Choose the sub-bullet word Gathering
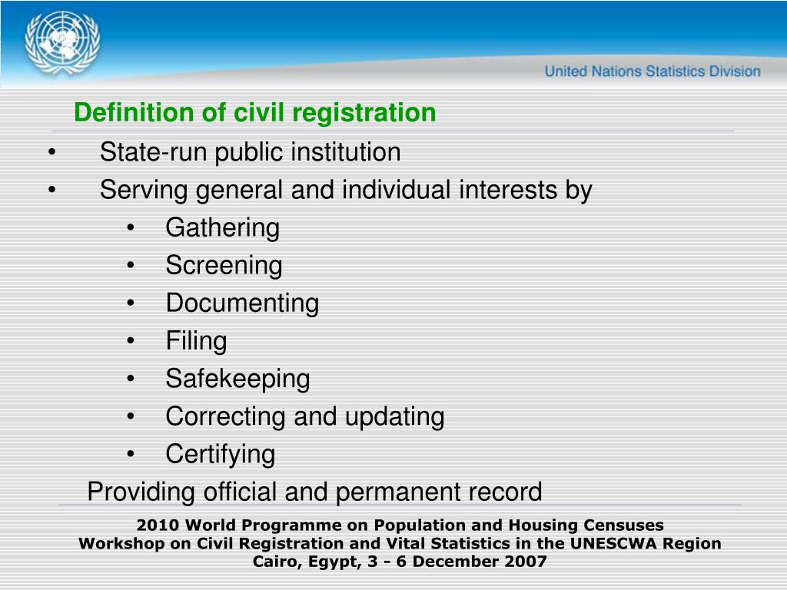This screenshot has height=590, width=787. pos(223,227)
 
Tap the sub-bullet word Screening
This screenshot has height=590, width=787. pos(224,265)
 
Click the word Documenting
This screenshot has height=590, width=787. pos(242,303)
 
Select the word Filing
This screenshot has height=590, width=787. pos(196,340)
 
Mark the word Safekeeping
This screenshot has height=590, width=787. pos(237,378)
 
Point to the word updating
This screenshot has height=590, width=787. pos(394,416)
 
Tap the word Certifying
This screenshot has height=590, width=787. pos(220,454)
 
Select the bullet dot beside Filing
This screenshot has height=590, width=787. pos(132,341)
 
